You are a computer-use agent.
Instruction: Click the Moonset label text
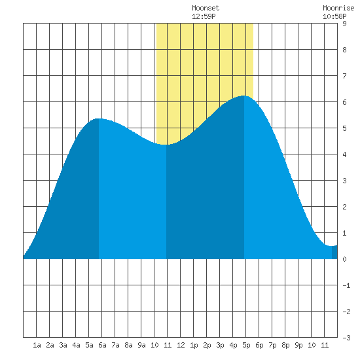click(x=206, y=8)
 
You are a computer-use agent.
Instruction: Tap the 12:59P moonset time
click(x=204, y=16)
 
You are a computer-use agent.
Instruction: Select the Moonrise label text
click(x=338, y=8)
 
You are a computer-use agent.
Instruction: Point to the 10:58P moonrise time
click(x=334, y=16)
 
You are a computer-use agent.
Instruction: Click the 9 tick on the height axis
click(x=344, y=24)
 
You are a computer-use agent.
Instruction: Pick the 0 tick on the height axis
click(x=344, y=259)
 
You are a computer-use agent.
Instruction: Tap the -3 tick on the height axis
click(x=346, y=338)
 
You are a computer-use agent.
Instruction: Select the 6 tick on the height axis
click(x=344, y=102)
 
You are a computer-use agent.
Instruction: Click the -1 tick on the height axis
click(x=346, y=285)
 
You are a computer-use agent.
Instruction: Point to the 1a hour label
click(x=37, y=345)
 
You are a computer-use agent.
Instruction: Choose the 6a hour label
click(x=102, y=345)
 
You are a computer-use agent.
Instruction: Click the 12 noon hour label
click(x=181, y=345)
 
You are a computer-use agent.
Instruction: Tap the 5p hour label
click(x=246, y=345)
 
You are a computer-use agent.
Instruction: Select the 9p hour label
click(x=298, y=345)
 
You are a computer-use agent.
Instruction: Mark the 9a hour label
click(x=141, y=345)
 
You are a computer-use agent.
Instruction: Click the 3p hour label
click(x=220, y=345)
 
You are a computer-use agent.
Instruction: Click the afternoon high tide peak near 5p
click(x=244, y=96)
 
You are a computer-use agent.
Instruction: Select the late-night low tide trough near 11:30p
click(x=332, y=246)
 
